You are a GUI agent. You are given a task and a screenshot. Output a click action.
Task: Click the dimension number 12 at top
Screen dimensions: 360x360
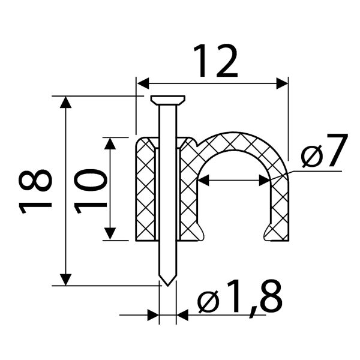pos(215,61)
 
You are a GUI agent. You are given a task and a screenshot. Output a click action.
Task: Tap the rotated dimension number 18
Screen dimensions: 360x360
pos(35,191)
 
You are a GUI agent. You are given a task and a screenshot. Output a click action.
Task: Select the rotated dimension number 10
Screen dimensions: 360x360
pos(90,191)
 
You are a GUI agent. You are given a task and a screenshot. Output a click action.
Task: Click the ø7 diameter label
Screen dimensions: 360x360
pos(325,151)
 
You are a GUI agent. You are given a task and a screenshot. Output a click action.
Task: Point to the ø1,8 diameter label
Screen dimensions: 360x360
pos(239,298)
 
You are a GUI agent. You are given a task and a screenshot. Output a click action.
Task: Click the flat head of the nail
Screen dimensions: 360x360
pos(168,100)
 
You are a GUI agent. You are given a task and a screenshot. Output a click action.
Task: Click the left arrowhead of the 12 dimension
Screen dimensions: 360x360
pos(143,83)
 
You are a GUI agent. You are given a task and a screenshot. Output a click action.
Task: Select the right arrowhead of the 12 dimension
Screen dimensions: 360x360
pos(282,83)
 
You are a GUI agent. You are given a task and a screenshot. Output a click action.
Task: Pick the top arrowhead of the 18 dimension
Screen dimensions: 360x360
pos(65,102)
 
